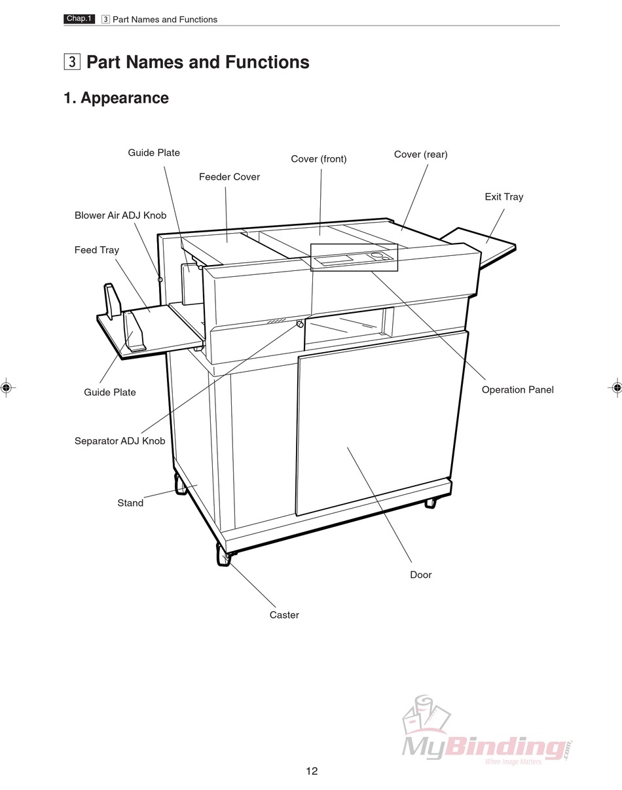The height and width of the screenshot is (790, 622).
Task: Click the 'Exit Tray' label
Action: [503, 196]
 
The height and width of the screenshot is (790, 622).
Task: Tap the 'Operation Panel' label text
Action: [517, 389]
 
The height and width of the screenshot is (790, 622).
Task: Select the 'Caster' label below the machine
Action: [284, 615]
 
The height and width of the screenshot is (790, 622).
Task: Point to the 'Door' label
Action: [420, 575]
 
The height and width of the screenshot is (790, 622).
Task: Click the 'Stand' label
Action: [130, 503]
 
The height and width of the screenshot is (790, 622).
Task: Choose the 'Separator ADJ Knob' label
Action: [120, 440]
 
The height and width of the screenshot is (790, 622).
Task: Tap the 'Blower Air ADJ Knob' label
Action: [120, 215]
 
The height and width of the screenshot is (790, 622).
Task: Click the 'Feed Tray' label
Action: [97, 249]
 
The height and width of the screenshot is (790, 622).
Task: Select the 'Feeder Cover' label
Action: [229, 177]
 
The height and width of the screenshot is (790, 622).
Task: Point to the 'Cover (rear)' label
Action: [420, 154]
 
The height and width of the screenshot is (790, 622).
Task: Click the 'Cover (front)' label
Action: [319, 158]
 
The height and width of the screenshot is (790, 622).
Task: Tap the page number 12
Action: [312, 771]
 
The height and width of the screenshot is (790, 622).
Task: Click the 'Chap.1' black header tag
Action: [79, 19]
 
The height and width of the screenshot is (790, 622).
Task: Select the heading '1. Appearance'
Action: [116, 98]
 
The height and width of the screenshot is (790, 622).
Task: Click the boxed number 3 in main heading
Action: [72, 62]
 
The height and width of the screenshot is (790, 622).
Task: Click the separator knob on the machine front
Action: [300, 324]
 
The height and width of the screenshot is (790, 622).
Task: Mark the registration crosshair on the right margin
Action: [615, 387]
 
